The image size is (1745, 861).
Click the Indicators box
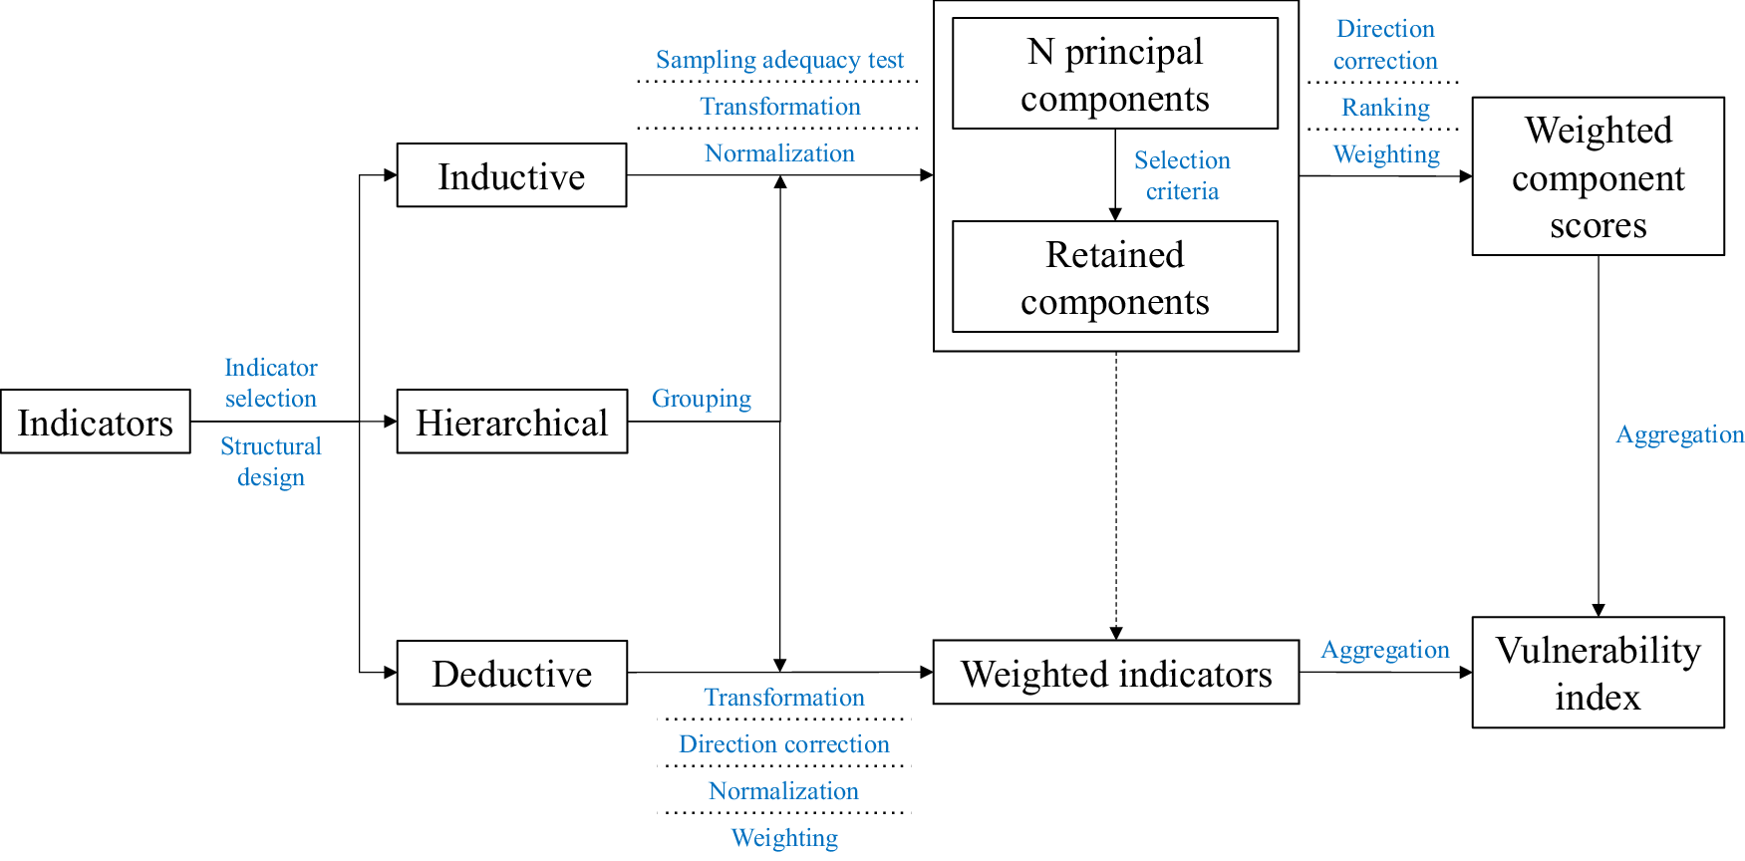96,422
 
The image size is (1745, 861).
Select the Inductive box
511,175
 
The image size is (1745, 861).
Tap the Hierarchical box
511,422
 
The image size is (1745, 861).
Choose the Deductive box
511,673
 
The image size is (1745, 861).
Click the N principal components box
1114,74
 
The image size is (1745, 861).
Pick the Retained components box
1114,277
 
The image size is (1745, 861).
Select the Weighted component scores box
1598,176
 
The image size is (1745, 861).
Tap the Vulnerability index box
1598,673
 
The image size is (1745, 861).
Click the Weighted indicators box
1115,673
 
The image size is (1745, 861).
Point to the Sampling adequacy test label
779,60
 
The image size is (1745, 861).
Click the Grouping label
701,399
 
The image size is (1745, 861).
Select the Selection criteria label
1182,175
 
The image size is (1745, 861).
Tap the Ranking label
1385,107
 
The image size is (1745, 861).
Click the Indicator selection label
270,383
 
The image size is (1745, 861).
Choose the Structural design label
270,461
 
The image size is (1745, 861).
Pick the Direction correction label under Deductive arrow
783,744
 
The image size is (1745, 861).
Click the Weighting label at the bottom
784,838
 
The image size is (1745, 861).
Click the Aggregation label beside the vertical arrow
1679,434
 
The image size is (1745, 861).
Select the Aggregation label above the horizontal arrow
1384,650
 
